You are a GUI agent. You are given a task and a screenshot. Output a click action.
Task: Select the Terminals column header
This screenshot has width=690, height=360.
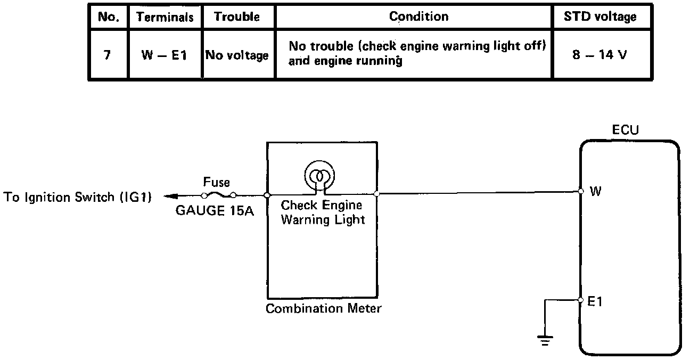click(x=165, y=17)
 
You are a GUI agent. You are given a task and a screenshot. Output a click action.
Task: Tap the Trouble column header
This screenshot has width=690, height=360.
click(x=236, y=17)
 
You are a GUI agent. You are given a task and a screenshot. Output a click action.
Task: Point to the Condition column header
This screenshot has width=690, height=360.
click(x=418, y=17)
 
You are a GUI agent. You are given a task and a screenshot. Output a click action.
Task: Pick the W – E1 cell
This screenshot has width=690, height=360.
click(x=165, y=55)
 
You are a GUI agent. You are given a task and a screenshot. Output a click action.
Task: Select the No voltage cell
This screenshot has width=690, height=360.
click(x=237, y=55)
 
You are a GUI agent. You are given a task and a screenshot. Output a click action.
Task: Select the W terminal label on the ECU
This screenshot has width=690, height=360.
click(x=596, y=191)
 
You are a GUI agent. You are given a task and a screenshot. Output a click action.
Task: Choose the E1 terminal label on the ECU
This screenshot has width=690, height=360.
click(x=596, y=301)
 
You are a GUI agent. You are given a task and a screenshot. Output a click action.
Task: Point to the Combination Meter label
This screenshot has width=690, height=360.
click(x=323, y=308)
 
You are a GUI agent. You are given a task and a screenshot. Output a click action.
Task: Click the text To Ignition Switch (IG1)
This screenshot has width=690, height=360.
click(x=78, y=198)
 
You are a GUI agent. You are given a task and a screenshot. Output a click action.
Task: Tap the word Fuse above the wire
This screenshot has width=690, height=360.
click(x=216, y=182)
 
